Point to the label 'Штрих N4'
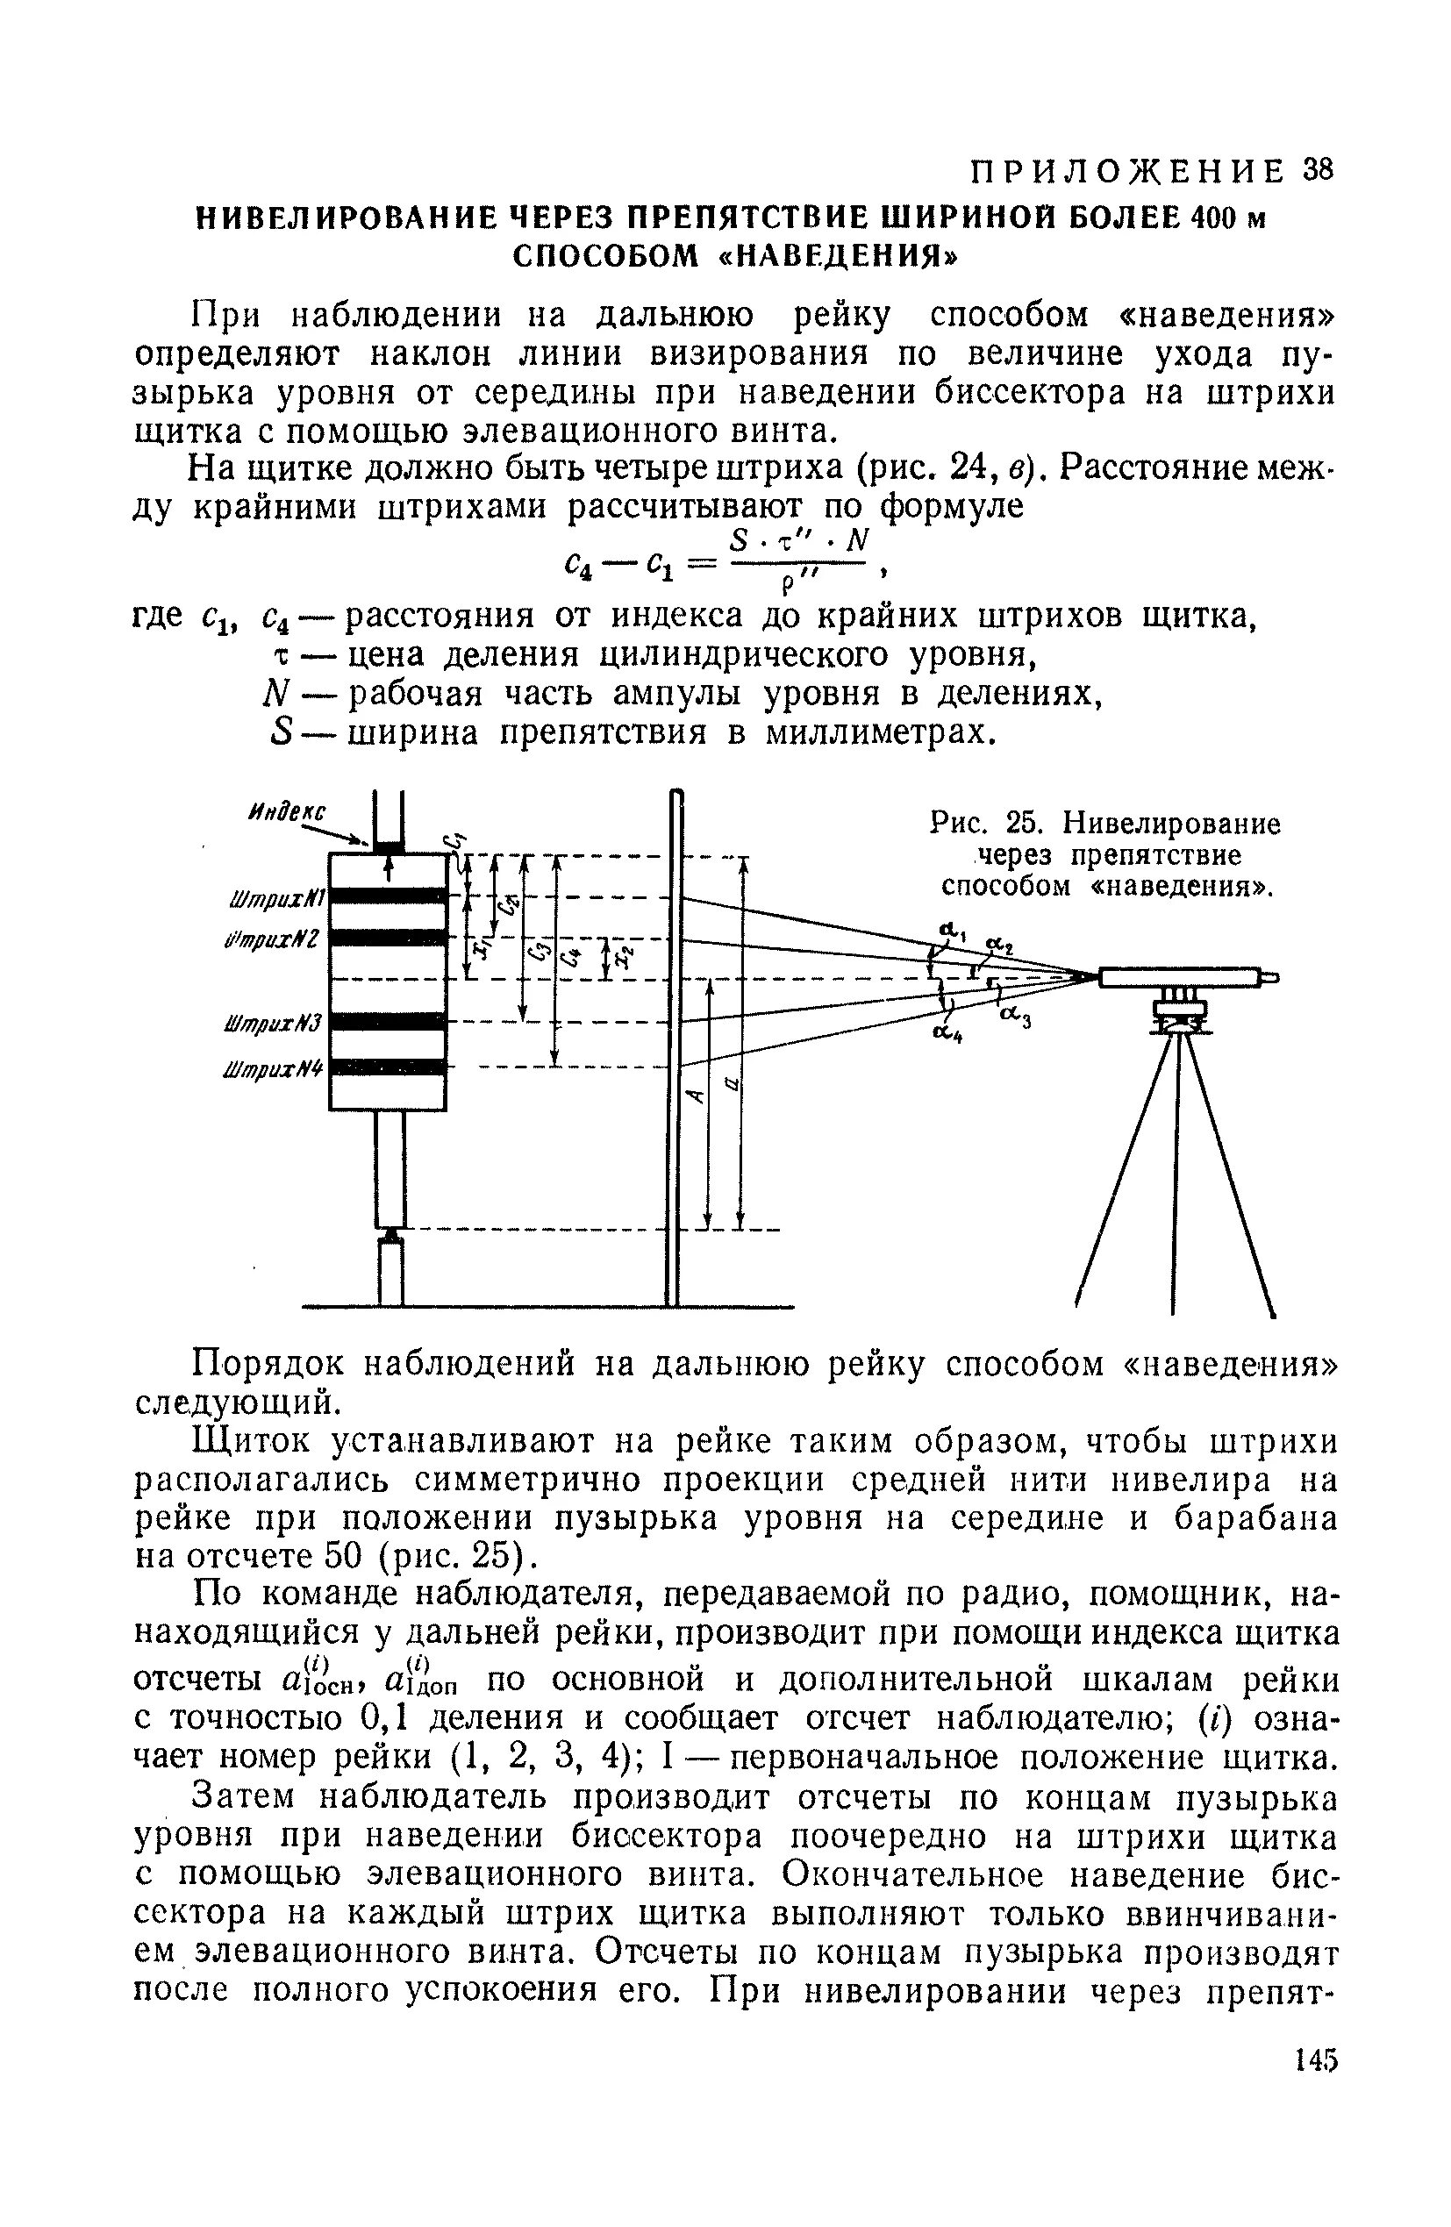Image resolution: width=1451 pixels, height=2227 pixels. [275, 1067]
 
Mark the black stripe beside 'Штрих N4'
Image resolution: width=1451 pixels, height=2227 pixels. [388, 1067]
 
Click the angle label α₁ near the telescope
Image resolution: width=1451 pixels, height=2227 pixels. [954, 929]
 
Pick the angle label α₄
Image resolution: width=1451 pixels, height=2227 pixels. [947, 1032]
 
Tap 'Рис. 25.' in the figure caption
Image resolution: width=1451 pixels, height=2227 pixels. [979, 824]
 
